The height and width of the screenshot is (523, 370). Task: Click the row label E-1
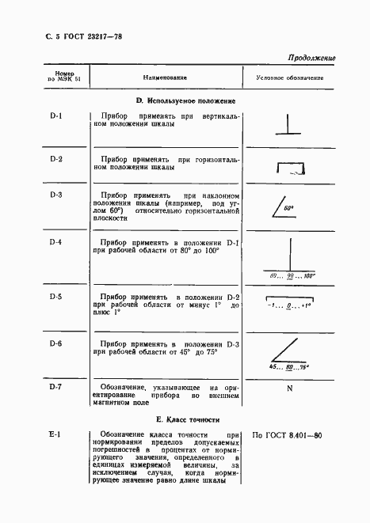55,434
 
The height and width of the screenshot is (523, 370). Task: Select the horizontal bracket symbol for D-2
289,166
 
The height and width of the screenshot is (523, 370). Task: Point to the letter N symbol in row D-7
289,389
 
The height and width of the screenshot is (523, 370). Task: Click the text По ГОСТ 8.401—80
286,435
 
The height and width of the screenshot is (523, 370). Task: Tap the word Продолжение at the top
310,58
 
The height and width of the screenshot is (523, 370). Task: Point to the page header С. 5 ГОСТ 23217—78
78,36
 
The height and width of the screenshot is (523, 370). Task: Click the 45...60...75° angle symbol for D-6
289,357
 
